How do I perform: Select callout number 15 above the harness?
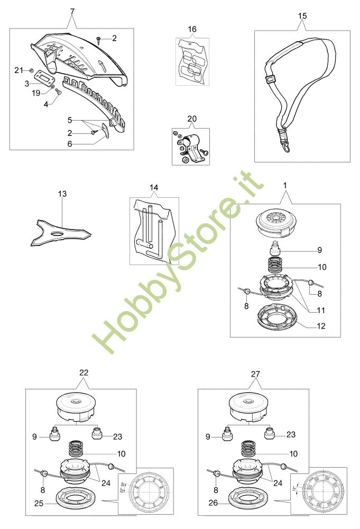302,16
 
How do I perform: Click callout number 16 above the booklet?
192,29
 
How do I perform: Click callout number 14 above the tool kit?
154,188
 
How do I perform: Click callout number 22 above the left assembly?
84,372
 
